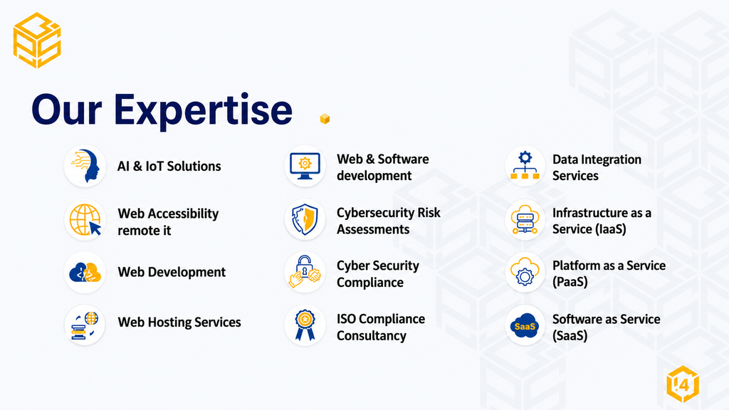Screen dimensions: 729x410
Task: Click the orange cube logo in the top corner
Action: tap(37, 41)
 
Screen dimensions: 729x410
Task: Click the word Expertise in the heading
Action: tap(203, 110)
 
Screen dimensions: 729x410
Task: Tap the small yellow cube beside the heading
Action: tap(325, 119)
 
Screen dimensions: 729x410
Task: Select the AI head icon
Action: tap(85, 166)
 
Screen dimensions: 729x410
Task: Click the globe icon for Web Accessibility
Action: tap(85, 220)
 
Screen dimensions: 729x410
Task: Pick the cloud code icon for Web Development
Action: tap(85, 273)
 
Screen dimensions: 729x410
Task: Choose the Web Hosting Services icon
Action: tap(85, 325)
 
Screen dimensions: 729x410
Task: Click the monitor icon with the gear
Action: tap(305, 166)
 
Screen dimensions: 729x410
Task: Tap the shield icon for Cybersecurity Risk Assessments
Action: tap(305, 219)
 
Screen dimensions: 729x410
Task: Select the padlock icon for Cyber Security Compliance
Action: tap(305, 272)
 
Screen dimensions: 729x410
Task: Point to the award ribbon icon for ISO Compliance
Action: tap(305, 325)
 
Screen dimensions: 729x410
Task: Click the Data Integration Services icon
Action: tap(525, 165)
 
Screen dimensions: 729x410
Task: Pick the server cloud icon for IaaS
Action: tap(525, 219)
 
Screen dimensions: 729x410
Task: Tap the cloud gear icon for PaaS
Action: tap(525, 272)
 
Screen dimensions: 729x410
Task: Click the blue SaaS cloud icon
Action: tap(525, 326)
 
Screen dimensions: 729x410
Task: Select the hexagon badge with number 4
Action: tap(683, 384)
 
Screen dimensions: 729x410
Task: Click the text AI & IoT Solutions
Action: tap(169, 167)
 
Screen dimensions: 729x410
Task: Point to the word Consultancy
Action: tap(372, 336)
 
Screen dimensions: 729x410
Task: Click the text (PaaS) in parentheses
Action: tap(570, 282)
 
